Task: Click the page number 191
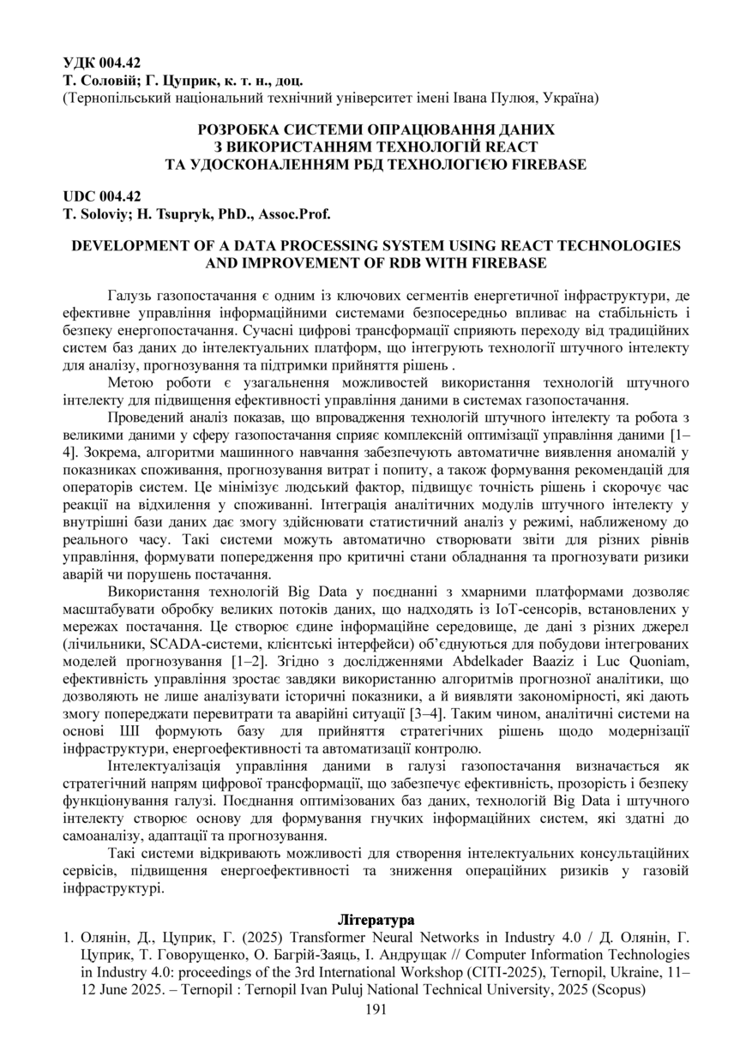click(376, 1009)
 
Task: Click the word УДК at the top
click(80, 63)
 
